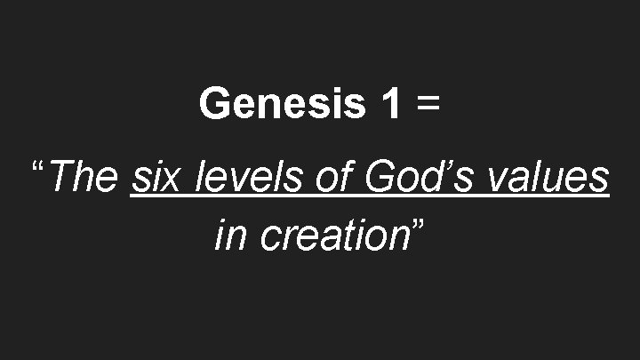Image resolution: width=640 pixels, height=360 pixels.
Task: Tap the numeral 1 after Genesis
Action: pyautogui.click(x=389, y=104)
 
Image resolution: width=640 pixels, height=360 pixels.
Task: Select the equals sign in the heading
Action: pyautogui.click(x=427, y=106)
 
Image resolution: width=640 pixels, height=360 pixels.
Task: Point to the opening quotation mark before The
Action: pyautogui.click(x=38, y=168)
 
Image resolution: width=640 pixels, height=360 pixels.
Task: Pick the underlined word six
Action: pyautogui.click(x=156, y=177)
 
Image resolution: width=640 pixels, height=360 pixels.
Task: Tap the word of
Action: pyautogui.click(x=332, y=177)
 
